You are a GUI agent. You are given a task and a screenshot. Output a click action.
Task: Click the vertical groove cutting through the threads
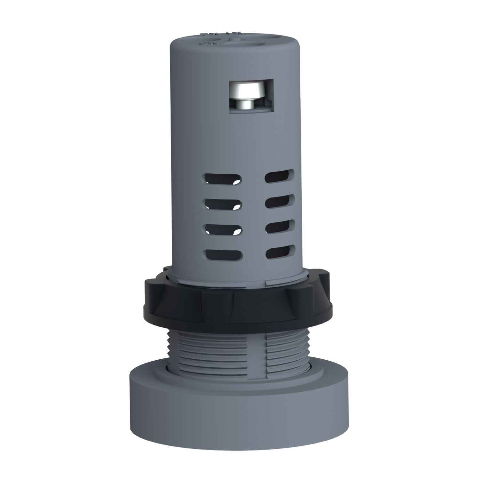point(265,352)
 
